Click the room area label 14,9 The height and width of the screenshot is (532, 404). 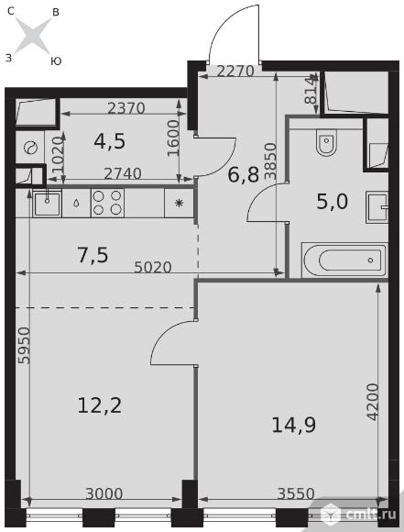(293, 425)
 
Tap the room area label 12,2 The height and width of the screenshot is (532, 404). (99, 405)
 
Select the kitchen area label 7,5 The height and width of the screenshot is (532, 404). (93, 255)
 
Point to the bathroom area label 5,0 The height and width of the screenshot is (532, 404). (333, 202)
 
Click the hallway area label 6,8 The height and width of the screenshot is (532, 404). (244, 175)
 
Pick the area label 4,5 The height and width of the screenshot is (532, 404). (109, 141)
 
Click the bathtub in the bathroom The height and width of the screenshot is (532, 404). (344, 260)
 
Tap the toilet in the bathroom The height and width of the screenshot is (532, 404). (326, 143)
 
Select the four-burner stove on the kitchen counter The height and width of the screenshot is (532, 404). (107, 203)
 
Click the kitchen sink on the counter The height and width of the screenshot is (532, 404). (47, 203)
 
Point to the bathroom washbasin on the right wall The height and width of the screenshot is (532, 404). (377, 206)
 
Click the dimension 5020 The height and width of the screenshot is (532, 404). (153, 267)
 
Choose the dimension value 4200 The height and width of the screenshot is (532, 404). (373, 402)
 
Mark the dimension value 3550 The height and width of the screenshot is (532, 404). (296, 493)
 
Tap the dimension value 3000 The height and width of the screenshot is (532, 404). (104, 493)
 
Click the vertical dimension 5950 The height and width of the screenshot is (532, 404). (24, 346)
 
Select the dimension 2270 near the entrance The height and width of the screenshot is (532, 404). (235, 72)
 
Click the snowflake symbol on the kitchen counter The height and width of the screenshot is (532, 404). (179, 203)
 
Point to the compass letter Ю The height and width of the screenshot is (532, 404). (56, 61)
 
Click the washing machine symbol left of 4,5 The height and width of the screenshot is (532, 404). (30, 148)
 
